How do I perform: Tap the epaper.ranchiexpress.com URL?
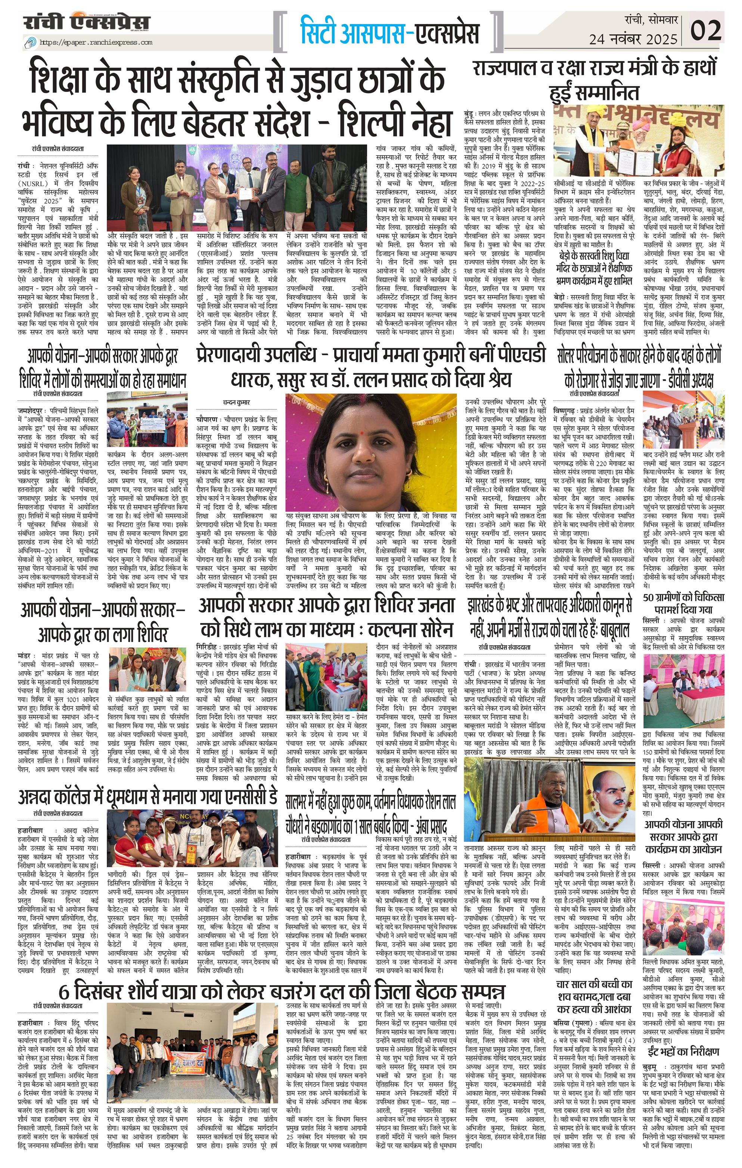(x=96, y=43)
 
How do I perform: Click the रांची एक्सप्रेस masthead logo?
(x=87, y=22)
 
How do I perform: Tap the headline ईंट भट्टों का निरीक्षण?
(x=684, y=1007)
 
